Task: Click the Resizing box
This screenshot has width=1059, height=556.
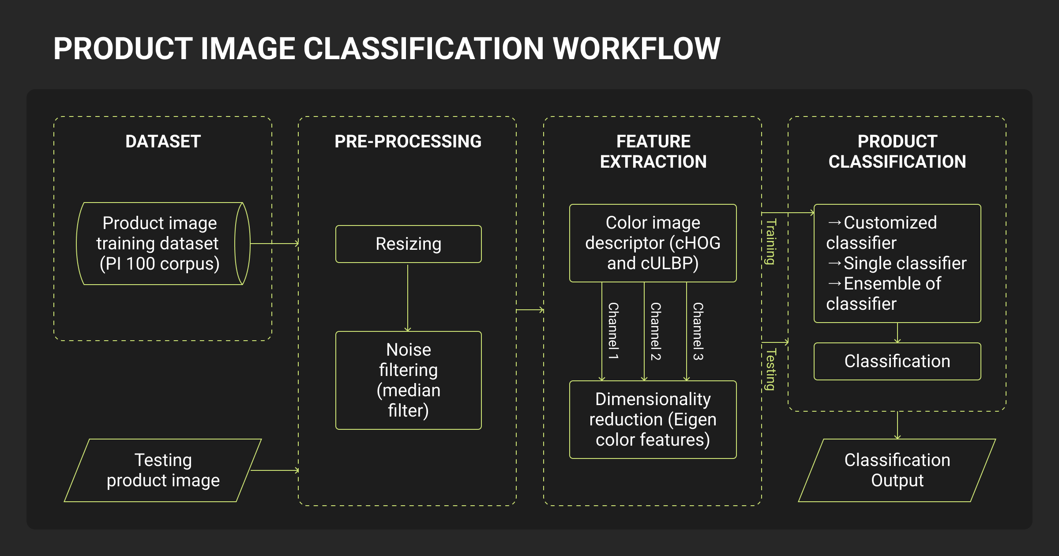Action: coord(408,244)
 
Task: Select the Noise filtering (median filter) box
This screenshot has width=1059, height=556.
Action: coord(408,380)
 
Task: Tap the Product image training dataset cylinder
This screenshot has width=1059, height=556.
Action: coord(159,244)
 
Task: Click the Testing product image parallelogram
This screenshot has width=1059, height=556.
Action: coord(163,470)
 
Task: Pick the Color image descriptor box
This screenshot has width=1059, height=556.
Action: coord(653,243)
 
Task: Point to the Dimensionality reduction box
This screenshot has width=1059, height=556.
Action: coord(653,420)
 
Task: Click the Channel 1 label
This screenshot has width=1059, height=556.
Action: coord(613,331)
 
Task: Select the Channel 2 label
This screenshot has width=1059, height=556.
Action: coord(656,331)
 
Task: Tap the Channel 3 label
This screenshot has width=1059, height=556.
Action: coord(698,331)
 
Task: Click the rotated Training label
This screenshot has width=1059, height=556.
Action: coord(770,242)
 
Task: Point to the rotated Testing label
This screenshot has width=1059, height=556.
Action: coord(770,370)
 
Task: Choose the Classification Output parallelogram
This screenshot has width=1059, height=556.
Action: coord(897,470)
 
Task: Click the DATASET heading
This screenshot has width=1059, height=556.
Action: coord(163,142)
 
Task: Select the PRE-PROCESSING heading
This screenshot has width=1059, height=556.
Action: coord(408,142)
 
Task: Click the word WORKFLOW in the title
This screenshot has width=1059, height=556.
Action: coord(636,49)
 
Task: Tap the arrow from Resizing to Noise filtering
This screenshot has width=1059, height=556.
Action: coord(408,298)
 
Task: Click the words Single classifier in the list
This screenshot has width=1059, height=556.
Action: coord(905,263)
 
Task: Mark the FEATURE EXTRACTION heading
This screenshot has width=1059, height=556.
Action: coord(653,151)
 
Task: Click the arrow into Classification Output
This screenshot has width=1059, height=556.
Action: coord(898,425)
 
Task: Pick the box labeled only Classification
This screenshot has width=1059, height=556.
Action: coord(897,361)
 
